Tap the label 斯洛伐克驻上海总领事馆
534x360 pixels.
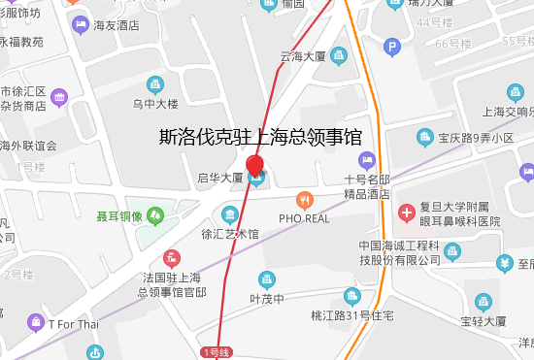pyautogui.click(x=260, y=137)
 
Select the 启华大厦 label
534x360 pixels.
pyautogui.click(x=219, y=178)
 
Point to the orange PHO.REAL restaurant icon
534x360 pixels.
pyautogui.click(x=305, y=201)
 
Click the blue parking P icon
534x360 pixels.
pyautogui.click(x=392, y=46)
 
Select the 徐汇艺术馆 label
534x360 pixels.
pyautogui.click(x=229, y=234)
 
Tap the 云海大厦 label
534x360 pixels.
pyautogui.click(x=302, y=57)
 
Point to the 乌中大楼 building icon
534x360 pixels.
pyautogui.click(x=154, y=84)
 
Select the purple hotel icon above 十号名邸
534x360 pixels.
pyautogui.click(x=366, y=159)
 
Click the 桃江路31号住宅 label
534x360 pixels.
pyautogui.click(x=351, y=315)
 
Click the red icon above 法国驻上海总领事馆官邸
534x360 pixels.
pyautogui.click(x=173, y=258)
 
